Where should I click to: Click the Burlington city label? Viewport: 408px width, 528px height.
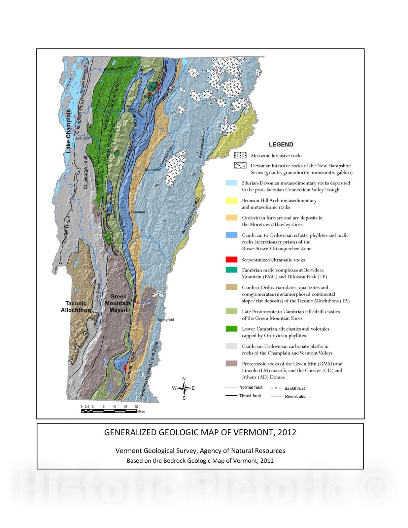82,138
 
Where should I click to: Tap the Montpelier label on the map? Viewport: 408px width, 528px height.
153,169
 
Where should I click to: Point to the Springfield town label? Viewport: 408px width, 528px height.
165,319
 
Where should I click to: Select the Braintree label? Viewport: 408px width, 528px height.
138,212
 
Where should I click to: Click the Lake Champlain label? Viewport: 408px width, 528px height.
68,131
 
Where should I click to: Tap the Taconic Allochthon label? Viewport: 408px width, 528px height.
76,307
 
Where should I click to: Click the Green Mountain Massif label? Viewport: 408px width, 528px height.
118,303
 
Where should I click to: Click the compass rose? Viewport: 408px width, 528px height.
184,388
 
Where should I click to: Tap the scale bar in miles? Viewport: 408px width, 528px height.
109,411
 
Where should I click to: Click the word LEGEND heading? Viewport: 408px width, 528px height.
281,145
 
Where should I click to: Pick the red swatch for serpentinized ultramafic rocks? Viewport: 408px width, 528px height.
231,259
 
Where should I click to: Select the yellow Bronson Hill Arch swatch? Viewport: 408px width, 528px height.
231,200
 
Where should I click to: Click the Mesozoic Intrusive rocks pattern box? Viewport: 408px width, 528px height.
240,155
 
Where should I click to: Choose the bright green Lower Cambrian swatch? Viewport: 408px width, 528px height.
231,329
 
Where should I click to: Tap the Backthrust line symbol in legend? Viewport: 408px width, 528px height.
276,388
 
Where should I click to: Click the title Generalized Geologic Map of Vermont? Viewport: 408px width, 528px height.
200,432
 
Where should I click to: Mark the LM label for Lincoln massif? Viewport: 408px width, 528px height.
97,214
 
